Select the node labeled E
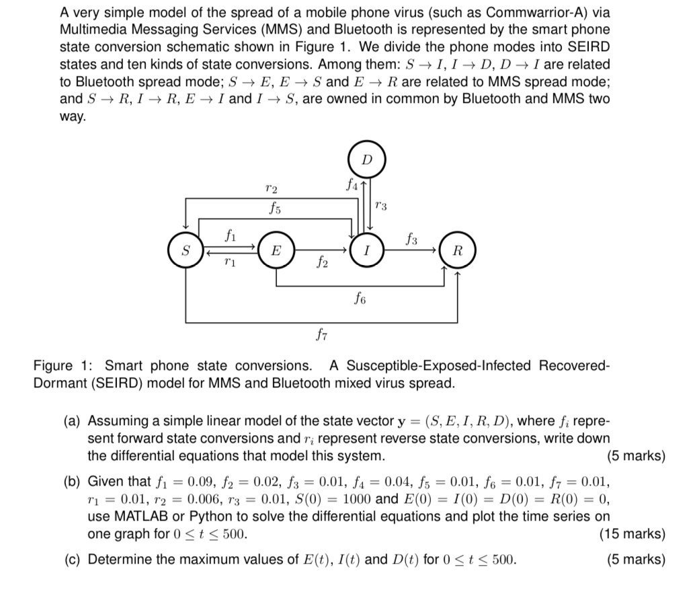tap(275, 252)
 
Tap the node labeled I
tap(365, 252)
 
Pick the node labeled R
tap(458, 252)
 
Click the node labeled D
tap(366, 159)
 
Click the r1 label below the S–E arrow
tap(230, 260)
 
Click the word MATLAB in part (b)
tap(132, 517)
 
